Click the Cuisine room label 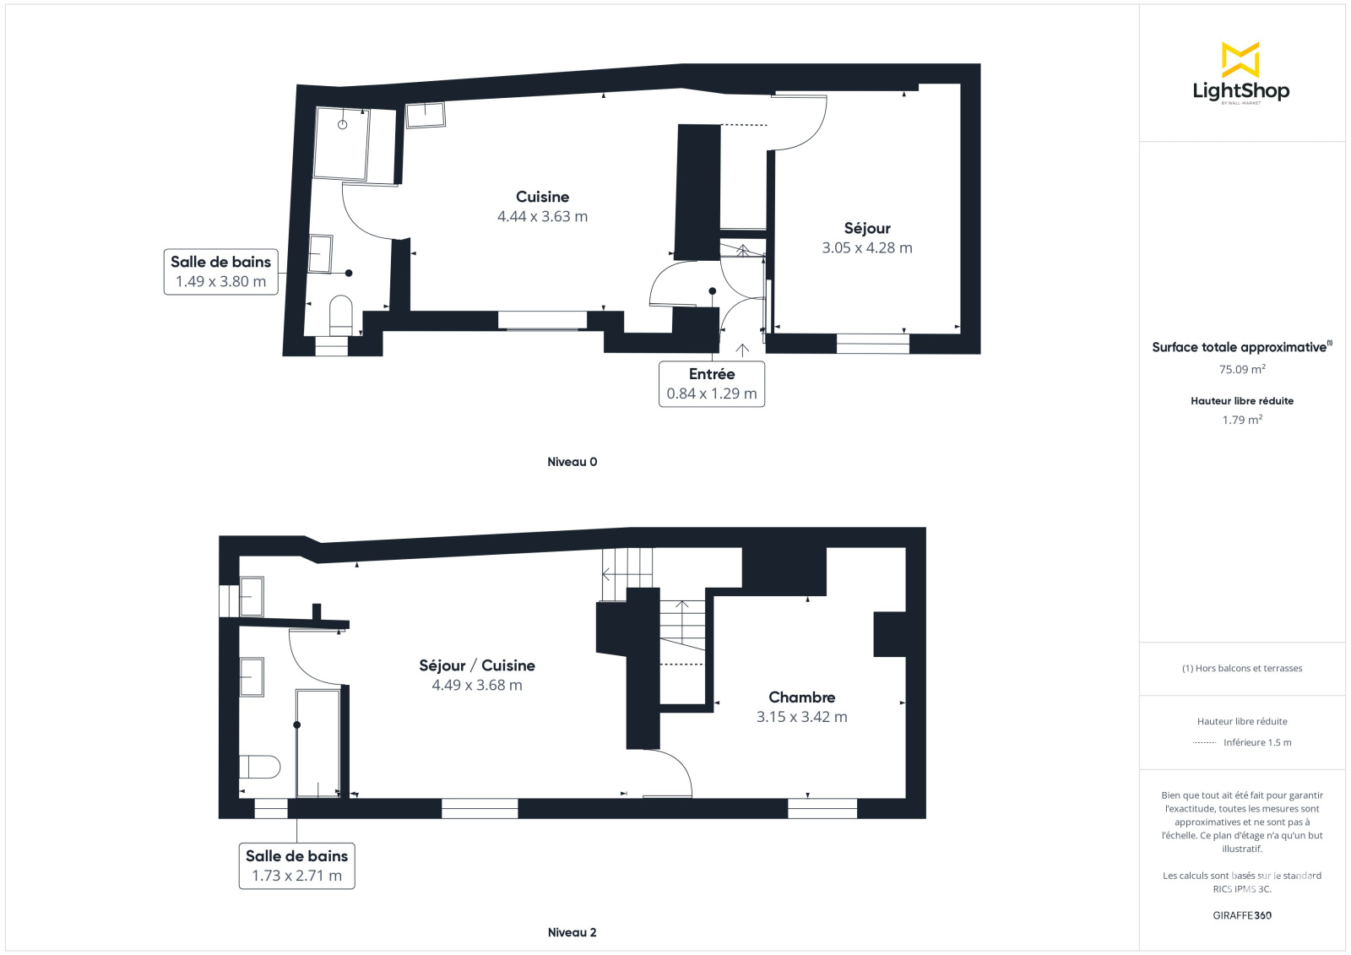click(542, 197)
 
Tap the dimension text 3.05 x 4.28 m click(866, 248)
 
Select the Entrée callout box click(712, 383)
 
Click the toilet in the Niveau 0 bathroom click(341, 314)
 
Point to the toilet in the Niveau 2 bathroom click(260, 767)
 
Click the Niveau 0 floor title click(572, 462)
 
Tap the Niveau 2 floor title click(572, 932)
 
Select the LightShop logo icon click(1240, 60)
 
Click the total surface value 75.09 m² click(1242, 369)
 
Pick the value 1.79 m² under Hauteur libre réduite click(1242, 420)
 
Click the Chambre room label click(801, 697)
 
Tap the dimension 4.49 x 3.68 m click(476, 686)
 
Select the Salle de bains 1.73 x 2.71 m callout click(296, 865)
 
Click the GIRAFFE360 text click(1242, 915)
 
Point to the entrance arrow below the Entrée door click(742, 350)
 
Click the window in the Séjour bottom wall click(873, 344)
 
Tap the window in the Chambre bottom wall click(822, 808)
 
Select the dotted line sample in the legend click(1204, 743)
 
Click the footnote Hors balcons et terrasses click(1242, 669)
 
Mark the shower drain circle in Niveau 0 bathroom click(343, 125)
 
